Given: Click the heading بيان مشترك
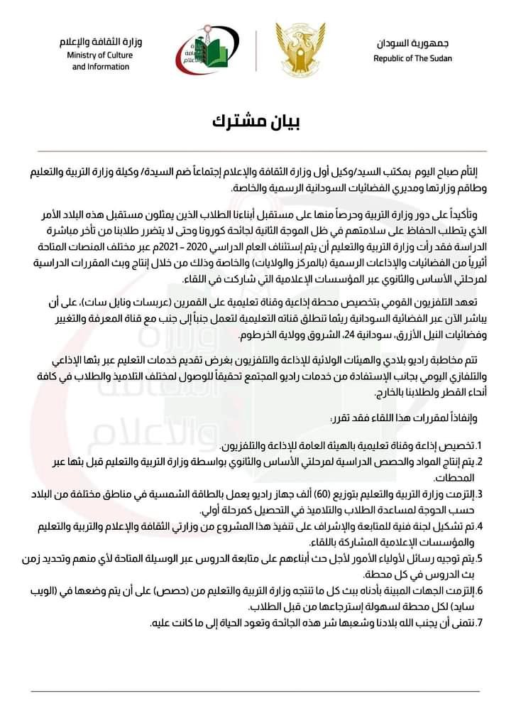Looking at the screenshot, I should click(x=255, y=121).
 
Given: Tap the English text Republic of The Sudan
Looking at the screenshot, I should click(x=412, y=58).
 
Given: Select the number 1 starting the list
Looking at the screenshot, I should click(x=480, y=445).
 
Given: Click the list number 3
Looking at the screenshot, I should click(x=480, y=494).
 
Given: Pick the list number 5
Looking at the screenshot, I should click(x=480, y=558).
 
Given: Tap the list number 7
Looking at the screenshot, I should click(x=480, y=623).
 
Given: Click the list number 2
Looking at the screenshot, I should click(x=480, y=462).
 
